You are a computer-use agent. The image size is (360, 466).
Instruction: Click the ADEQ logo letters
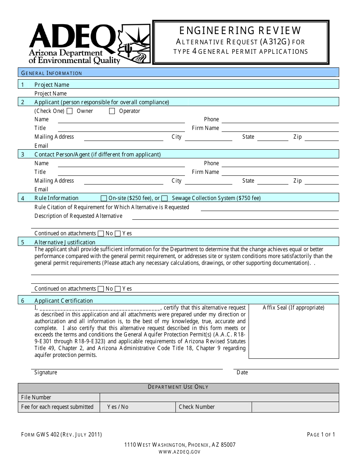tap(72, 37)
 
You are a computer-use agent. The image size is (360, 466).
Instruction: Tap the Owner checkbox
tap(70, 111)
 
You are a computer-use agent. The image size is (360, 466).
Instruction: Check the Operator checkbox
tap(112, 111)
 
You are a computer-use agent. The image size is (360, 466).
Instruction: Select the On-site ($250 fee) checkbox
tap(104, 198)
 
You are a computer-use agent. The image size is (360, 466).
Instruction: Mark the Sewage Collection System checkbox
tap(164, 198)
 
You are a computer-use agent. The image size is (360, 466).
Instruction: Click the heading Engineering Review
tap(241, 30)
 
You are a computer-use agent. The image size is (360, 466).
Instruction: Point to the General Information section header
tap(52, 73)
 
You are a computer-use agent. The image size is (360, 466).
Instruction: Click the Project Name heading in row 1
tap(52, 85)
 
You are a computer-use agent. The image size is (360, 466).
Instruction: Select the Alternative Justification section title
tap(65, 242)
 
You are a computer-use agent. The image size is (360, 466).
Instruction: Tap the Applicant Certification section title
tap(64, 301)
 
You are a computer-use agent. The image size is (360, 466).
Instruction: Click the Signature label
tap(46, 372)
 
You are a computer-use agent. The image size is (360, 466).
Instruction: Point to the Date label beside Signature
tap(242, 372)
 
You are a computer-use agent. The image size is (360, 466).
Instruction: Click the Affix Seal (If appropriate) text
tap(294, 308)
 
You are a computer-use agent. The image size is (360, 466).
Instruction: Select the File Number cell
tap(36, 397)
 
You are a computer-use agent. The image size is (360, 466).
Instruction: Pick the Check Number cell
tap(197, 407)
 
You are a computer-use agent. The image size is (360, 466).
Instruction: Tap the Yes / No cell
tap(118, 407)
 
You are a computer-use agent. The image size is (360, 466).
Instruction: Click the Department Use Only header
tap(178, 387)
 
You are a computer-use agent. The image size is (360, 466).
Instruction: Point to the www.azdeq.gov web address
tap(180, 452)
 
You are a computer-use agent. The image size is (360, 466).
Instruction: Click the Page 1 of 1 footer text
tap(321, 435)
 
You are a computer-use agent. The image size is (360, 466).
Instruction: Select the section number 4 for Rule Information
tap(23, 198)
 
